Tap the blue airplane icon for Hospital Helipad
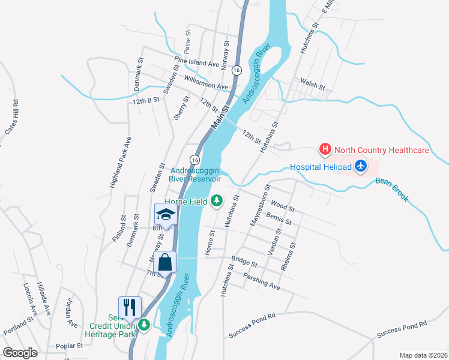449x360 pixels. [x=360, y=166]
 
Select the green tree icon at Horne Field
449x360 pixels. [x=217, y=201]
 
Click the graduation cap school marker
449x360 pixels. [x=166, y=214]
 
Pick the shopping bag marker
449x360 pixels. [x=164, y=262]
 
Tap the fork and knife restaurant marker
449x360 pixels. [x=130, y=308]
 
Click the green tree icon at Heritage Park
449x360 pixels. [x=143, y=325]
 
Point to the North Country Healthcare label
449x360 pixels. [x=381, y=150]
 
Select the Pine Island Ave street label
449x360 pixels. [x=197, y=62]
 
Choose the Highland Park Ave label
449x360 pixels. [x=120, y=163]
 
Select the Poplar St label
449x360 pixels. [x=69, y=346]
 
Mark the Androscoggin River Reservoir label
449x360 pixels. [x=196, y=174]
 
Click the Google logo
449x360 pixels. [x=20, y=353]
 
